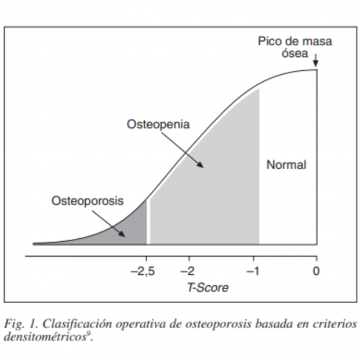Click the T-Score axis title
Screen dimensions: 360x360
pos(207,288)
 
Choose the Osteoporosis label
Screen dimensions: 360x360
pos(88,201)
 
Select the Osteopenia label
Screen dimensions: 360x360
pos(158,125)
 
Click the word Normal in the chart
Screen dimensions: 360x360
pos(286,165)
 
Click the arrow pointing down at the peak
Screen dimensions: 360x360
pos(316,60)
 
